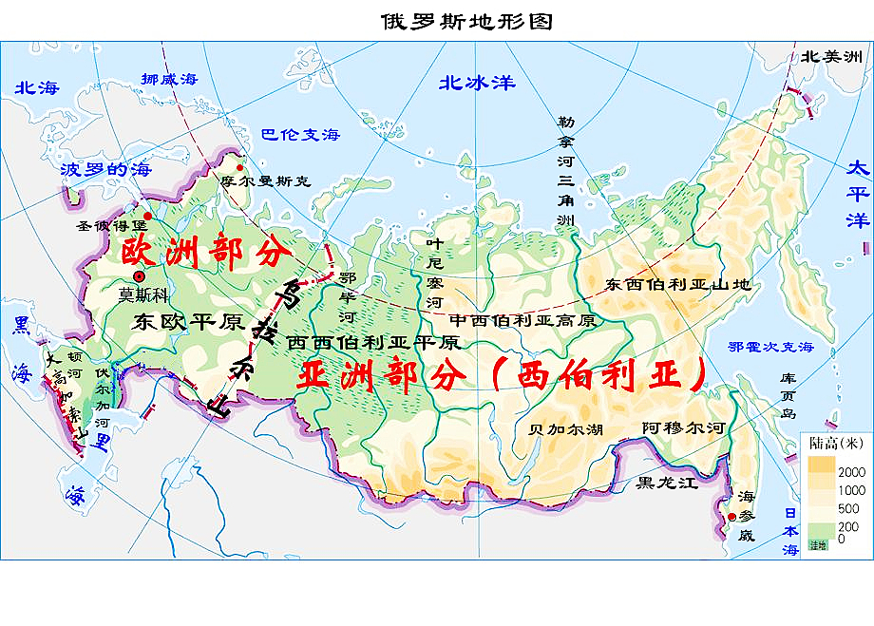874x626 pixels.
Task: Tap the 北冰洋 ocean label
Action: click(476, 83)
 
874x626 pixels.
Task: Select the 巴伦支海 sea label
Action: click(300, 134)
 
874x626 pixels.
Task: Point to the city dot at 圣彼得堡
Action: click(146, 216)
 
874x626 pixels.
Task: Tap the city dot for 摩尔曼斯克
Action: click(240, 163)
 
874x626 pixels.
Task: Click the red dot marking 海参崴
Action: click(731, 517)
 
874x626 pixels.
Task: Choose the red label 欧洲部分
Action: click(203, 254)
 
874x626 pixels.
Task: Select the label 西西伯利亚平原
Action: click(373, 341)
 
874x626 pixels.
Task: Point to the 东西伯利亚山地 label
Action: click(677, 284)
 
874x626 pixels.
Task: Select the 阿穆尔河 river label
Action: click(683, 428)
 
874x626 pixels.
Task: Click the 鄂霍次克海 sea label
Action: click(770, 348)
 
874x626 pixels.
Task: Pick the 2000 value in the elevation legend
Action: click(850, 472)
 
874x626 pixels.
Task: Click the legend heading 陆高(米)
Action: click(836, 442)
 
